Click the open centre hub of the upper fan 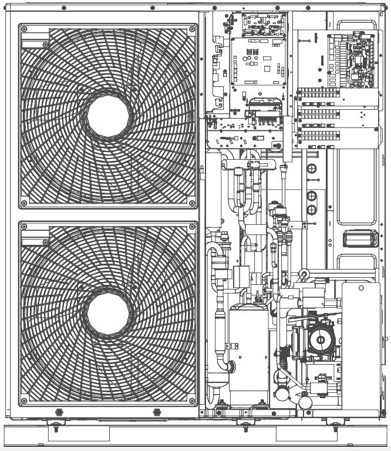(x=108, y=115)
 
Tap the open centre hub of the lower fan (x=108, y=313)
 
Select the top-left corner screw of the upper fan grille (x=24, y=29)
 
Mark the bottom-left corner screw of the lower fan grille (x=24, y=400)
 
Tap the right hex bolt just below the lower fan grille (x=156, y=410)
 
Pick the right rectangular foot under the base (x=306, y=433)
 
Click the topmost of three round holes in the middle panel (x=312, y=170)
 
